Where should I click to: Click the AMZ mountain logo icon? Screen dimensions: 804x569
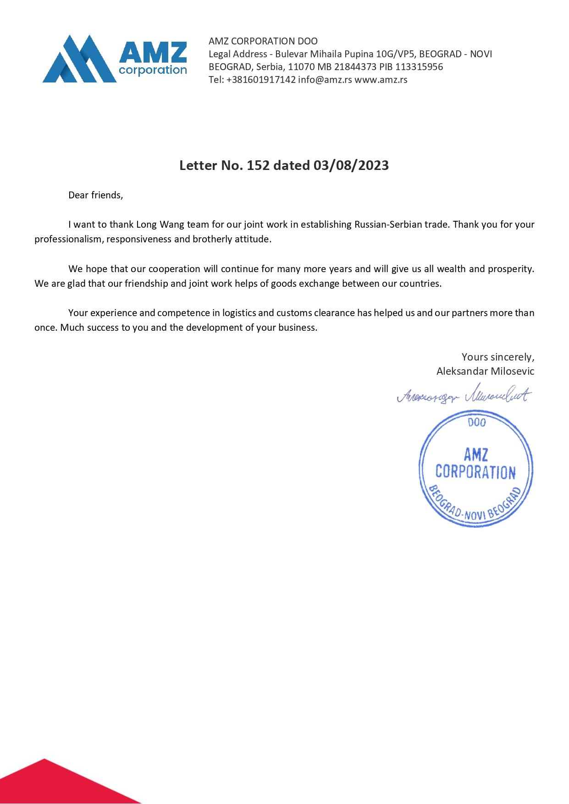[79, 59]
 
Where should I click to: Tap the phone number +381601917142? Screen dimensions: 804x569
[261, 80]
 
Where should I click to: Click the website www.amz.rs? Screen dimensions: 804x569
[381, 80]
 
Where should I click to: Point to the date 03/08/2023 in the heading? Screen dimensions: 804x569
[351, 165]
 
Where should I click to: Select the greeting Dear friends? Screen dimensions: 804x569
[96, 195]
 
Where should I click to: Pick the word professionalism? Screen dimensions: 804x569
[69, 240]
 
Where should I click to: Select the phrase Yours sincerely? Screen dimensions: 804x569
[497, 357]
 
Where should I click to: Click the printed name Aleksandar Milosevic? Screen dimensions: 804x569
[485, 372]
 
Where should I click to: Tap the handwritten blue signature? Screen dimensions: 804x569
[463, 394]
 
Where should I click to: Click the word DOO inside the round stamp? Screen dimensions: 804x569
[477, 422]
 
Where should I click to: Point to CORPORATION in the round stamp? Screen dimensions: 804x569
[475, 472]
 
